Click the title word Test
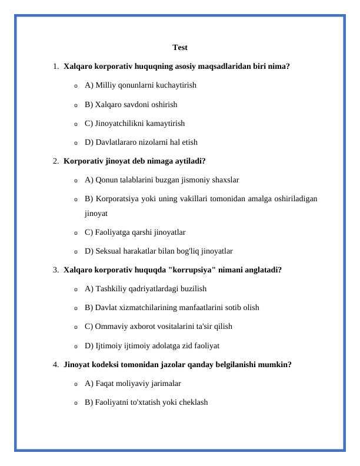180,47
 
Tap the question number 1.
54,66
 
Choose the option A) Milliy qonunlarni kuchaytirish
141,85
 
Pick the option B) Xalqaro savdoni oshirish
131,104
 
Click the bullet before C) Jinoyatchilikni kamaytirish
75,124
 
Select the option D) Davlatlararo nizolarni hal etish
141,142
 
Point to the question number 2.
54,161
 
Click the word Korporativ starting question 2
83,161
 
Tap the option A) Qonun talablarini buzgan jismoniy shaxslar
162,179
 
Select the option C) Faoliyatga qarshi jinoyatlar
135,232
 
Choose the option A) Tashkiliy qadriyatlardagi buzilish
145,288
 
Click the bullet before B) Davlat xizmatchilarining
75,308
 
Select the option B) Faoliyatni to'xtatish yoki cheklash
146,402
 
